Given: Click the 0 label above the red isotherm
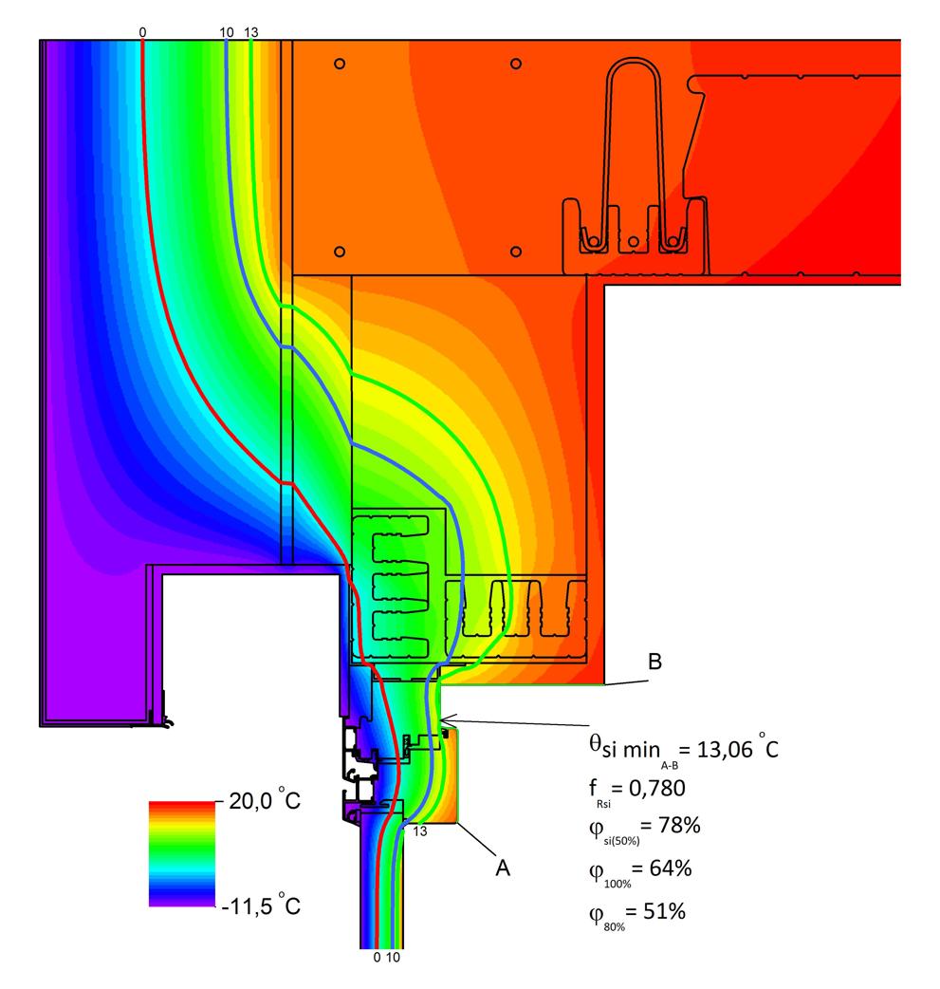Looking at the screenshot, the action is click(142, 32).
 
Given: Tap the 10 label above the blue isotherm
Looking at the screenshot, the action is click(227, 32).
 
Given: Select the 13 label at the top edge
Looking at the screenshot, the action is click(251, 32).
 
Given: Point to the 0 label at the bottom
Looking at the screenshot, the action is click(377, 957).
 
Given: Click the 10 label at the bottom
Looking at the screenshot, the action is click(393, 957).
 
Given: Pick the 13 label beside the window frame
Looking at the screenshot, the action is click(420, 831).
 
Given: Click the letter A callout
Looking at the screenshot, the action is click(503, 868).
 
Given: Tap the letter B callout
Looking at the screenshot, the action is click(655, 661).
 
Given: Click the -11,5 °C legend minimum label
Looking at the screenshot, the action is click(261, 905).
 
